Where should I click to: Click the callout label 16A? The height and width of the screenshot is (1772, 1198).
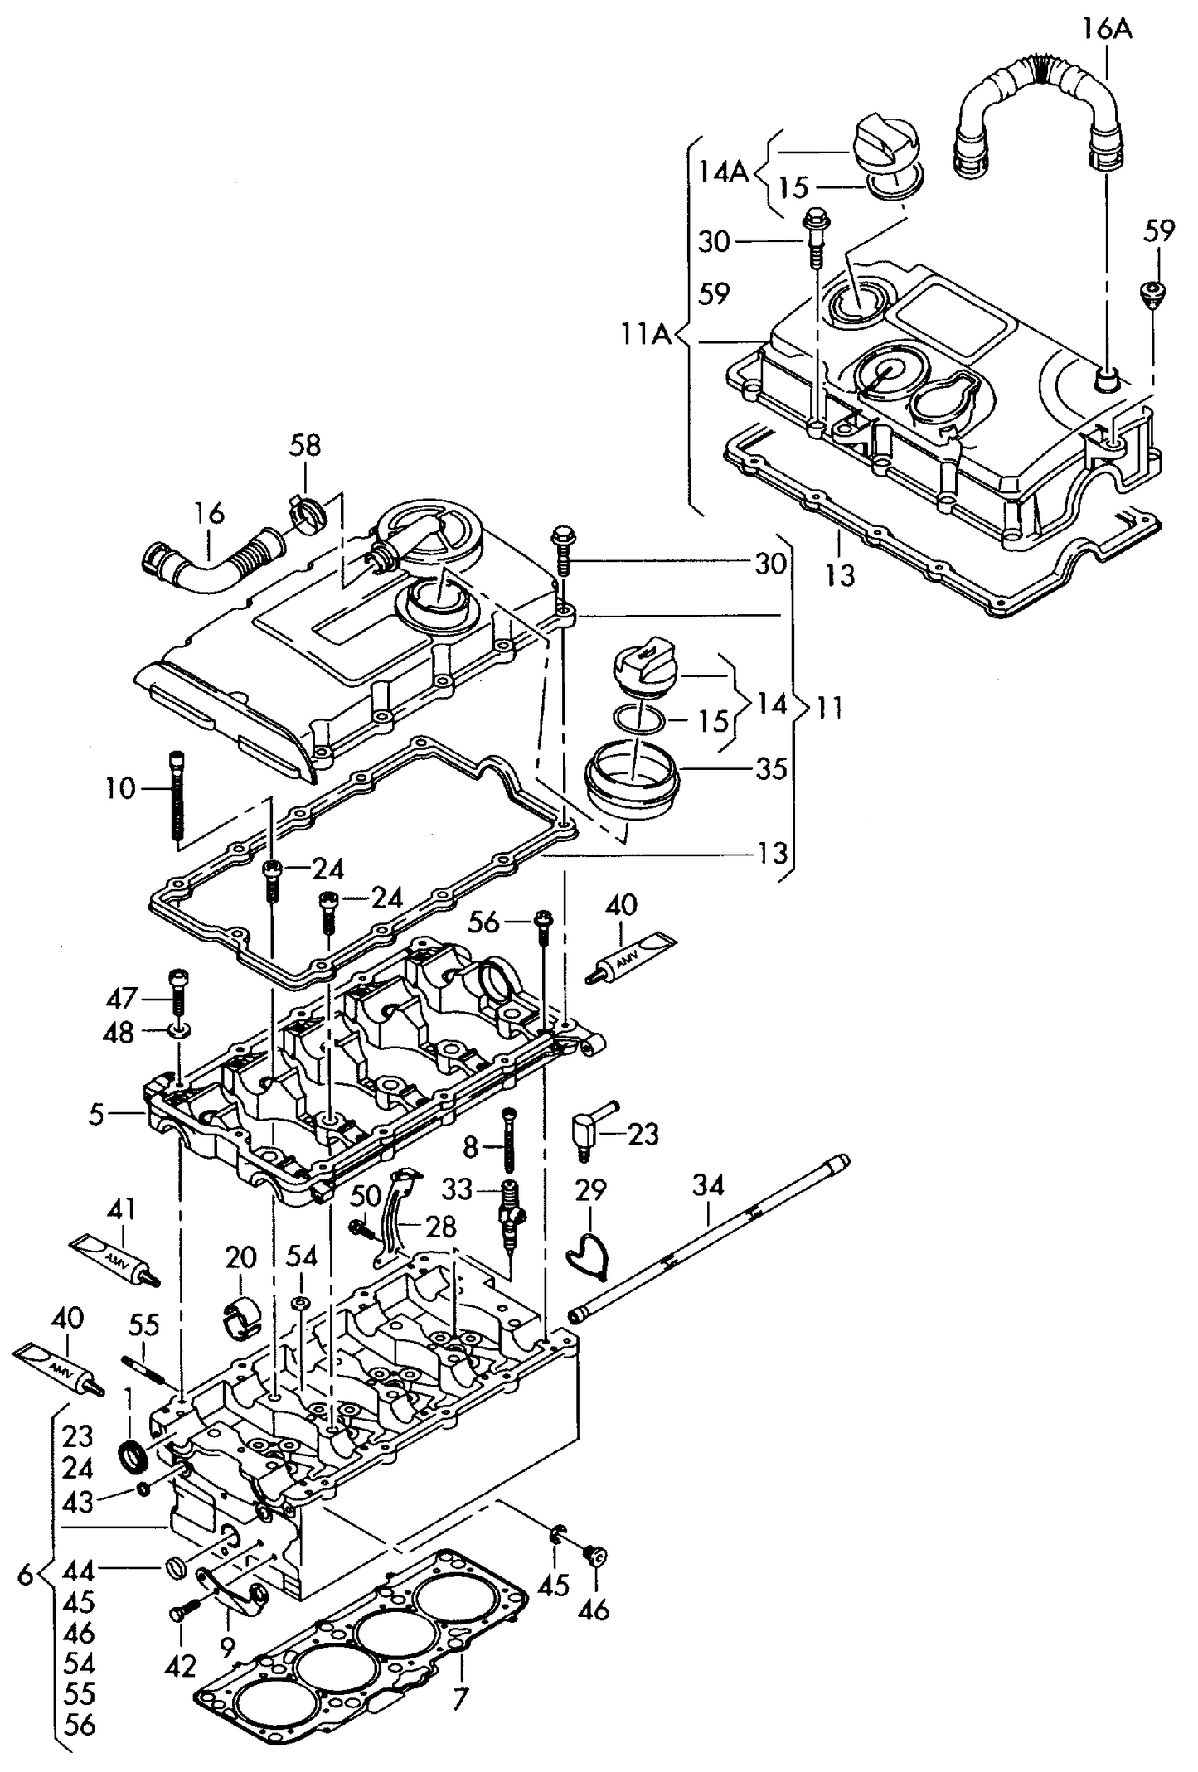(1106, 30)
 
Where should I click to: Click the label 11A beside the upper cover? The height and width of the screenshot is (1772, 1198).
(646, 335)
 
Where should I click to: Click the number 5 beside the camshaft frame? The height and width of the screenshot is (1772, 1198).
(96, 1115)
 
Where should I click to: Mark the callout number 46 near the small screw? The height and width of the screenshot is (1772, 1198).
(594, 1610)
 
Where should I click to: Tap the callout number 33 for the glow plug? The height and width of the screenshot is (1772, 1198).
(457, 1189)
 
